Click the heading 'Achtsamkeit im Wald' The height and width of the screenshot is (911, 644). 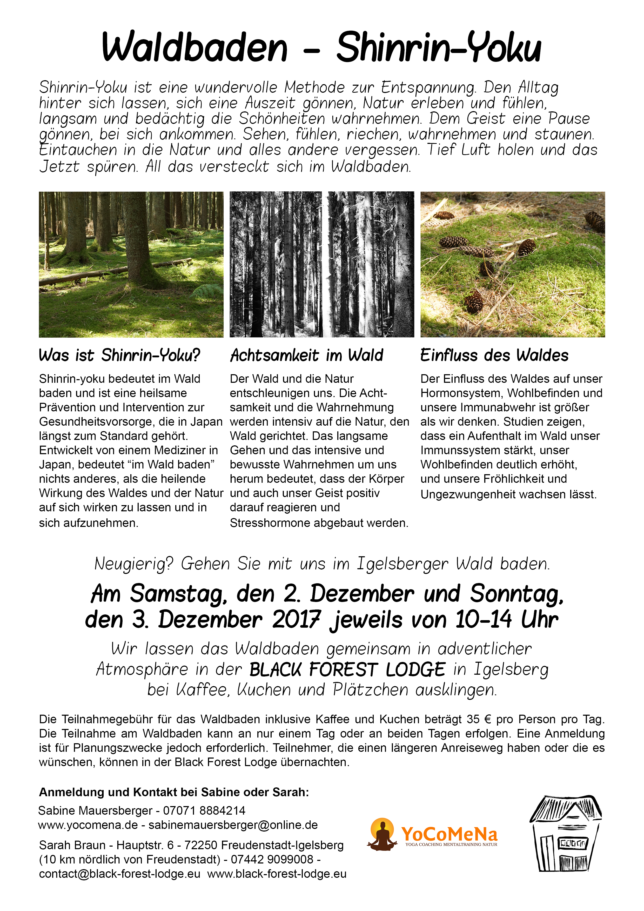coord(307,355)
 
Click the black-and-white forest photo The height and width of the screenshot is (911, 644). coord(322,264)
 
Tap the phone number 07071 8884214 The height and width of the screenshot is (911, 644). coord(204,810)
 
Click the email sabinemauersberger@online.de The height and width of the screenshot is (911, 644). coord(233,825)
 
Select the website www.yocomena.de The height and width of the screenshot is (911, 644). coord(88,825)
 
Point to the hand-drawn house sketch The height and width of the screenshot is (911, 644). coord(565,833)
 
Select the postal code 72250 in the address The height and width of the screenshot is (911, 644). coord(201,845)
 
